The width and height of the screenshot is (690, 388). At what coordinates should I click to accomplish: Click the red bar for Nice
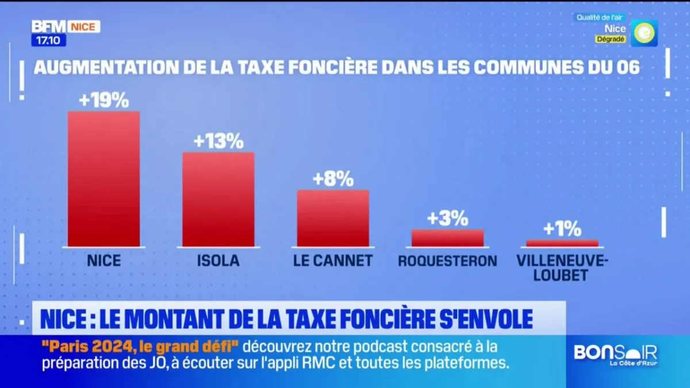point(103,179)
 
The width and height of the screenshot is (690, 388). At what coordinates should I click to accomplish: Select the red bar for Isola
point(218,199)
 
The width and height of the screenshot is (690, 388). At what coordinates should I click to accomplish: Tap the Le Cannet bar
point(333,218)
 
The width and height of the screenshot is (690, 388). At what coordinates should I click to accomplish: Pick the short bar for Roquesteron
point(447,238)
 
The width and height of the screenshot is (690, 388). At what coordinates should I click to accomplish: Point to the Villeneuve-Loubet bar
point(562,243)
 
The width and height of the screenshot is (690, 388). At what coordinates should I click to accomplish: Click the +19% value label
point(104,101)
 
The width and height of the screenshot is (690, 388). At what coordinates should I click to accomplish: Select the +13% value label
point(218,141)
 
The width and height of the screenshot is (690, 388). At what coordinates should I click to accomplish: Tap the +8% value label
point(333,179)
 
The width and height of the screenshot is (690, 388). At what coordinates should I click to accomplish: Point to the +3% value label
point(447,219)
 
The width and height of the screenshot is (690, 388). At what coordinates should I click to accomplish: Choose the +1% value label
point(562,229)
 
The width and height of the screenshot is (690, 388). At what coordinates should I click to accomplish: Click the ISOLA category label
point(218,261)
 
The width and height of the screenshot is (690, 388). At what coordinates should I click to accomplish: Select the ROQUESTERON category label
point(447,261)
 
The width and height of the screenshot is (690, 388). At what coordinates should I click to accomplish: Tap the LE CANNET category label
point(333,261)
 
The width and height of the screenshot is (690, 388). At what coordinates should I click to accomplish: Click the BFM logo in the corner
point(49,26)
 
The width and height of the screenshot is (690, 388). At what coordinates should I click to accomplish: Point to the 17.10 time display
point(48,40)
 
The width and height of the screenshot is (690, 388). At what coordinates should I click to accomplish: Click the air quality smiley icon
point(643,33)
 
